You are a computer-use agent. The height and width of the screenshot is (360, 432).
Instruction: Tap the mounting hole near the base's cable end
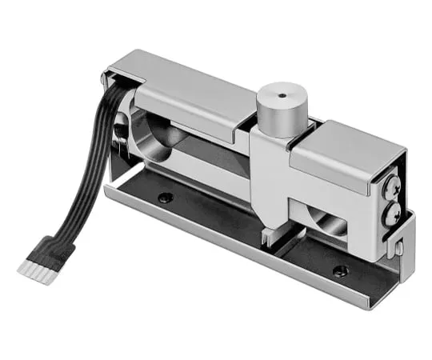[x=166, y=198]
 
